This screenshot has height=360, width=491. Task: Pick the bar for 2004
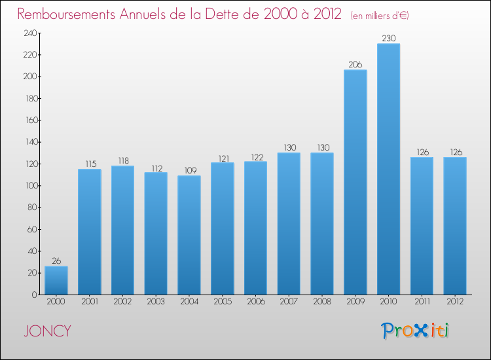(x=189, y=235)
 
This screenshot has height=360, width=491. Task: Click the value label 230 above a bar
(x=388, y=39)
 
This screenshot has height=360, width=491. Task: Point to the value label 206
(x=355, y=65)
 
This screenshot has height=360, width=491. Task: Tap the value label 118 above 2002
(x=122, y=161)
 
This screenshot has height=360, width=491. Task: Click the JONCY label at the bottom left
(x=48, y=331)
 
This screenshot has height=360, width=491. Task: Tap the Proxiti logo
(x=415, y=331)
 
